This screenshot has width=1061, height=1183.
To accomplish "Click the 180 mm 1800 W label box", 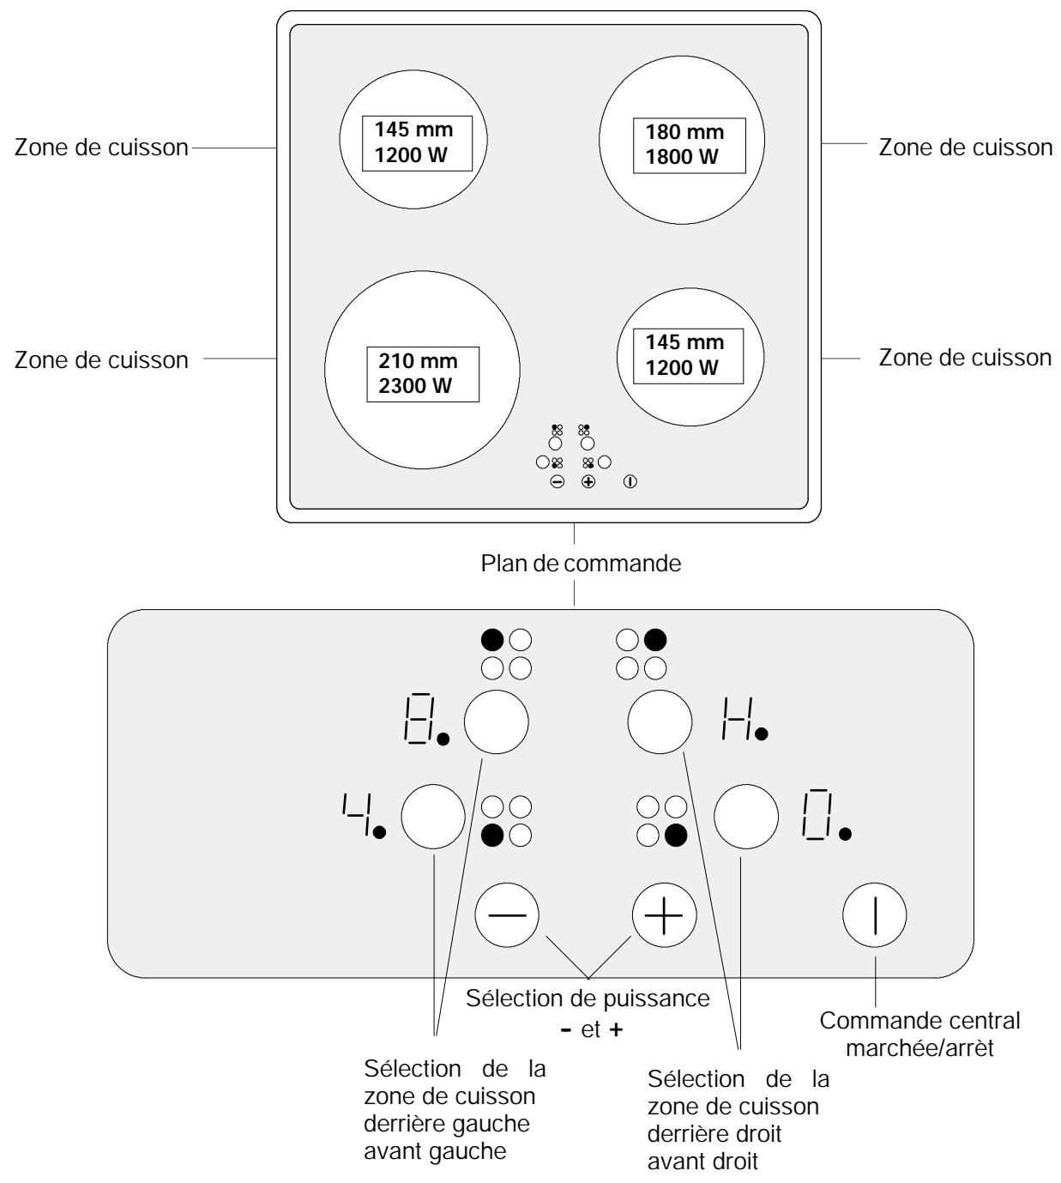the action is (x=689, y=145).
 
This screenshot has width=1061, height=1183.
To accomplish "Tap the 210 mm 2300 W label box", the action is (x=423, y=374).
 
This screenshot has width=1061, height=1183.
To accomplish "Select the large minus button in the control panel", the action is (x=507, y=915).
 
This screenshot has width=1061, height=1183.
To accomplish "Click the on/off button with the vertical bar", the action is (x=874, y=915).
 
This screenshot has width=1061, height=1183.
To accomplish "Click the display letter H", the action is (x=737, y=719).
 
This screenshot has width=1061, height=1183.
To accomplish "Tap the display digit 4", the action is (x=356, y=813).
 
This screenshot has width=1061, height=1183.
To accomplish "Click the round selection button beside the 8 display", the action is (x=497, y=721).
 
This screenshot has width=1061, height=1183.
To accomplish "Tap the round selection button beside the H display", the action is (x=660, y=721).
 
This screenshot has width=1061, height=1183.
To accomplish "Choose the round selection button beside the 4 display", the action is (x=433, y=817).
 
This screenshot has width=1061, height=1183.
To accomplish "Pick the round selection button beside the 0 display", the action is (x=746, y=817).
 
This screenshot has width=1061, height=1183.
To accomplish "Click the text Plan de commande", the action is (x=581, y=564).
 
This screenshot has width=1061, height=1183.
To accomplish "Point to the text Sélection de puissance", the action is (x=588, y=999).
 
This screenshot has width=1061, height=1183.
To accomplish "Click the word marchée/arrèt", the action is (x=919, y=1048).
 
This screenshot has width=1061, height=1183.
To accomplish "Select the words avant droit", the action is (x=702, y=1162).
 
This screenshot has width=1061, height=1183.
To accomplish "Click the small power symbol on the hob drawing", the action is (x=630, y=482).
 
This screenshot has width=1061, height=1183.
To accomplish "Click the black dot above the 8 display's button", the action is (x=492, y=640).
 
